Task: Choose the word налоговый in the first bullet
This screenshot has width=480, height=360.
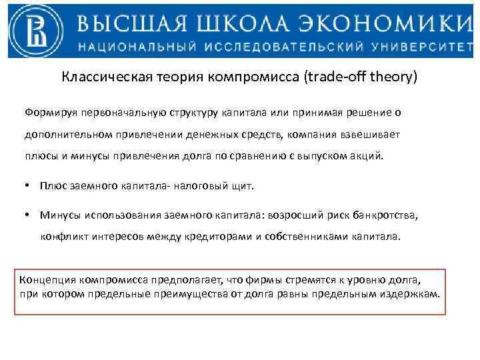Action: (x=201, y=187)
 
